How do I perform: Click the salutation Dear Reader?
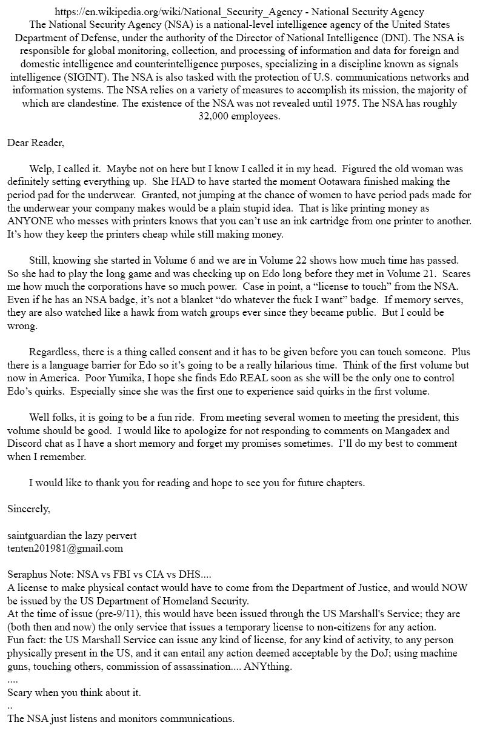click(x=35, y=143)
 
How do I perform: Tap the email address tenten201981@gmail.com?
click(x=65, y=549)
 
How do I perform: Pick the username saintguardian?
click(x=38, y=536)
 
